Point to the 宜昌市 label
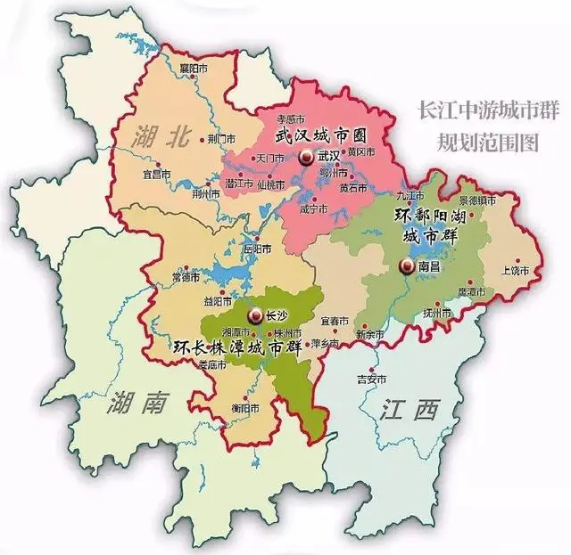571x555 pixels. (x=157, y=175)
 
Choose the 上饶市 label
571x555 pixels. (x=515, y=269)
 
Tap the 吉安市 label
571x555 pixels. (x=371, y=379)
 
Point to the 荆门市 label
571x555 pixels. (x=219, y=140)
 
